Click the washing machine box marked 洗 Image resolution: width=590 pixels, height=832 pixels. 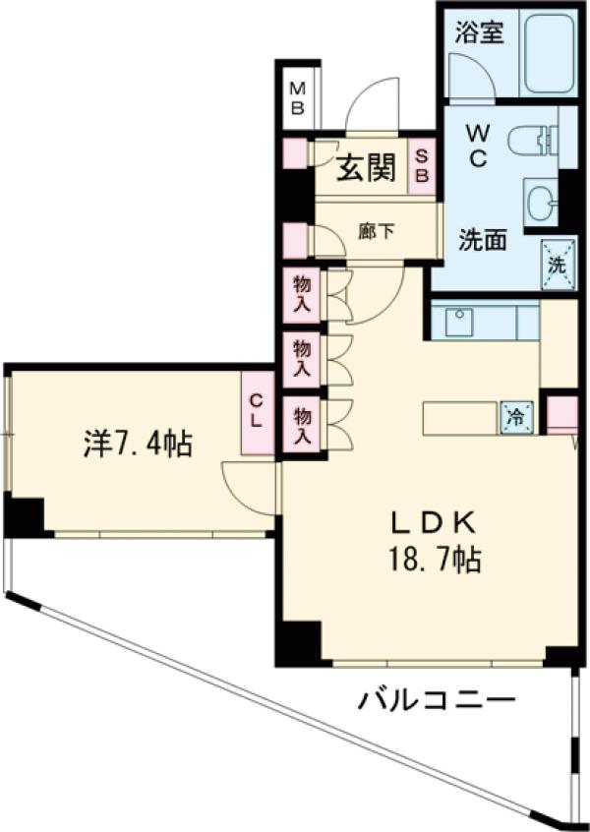[556, 264]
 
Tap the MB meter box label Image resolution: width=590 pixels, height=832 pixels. [296, 97]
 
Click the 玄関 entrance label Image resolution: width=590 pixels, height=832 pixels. [367, 169]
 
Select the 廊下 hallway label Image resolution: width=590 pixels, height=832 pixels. [376, 232]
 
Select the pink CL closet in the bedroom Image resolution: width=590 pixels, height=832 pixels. [256, 412]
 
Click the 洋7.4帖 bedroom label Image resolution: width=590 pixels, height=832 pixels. [137, 444]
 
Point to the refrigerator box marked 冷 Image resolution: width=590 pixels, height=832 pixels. [515, 416]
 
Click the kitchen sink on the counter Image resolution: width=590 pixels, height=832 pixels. [457, 321]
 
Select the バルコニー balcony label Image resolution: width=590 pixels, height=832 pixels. [436, 701]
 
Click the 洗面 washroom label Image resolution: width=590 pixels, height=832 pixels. [484, 239]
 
